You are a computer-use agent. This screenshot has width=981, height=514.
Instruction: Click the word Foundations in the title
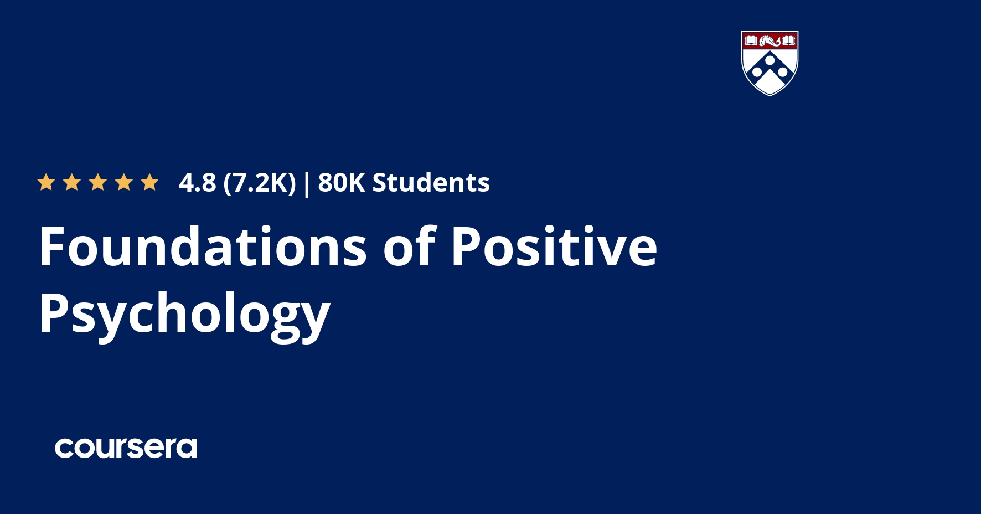(203, 246)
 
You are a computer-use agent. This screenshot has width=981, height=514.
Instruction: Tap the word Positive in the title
(554, 246)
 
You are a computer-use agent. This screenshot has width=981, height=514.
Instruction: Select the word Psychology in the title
(184, 314)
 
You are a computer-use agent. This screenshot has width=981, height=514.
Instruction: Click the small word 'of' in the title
(409, 246)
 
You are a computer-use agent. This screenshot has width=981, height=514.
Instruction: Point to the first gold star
(46, 182)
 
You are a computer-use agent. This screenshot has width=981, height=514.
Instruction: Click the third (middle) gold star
(98, 182)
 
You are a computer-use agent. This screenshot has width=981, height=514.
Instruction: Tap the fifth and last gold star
(149, 182)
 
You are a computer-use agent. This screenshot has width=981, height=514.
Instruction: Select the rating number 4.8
(197, 183)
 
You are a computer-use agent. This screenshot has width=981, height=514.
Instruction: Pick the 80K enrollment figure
(342, 183)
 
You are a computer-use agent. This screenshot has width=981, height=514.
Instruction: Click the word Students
(431, 183)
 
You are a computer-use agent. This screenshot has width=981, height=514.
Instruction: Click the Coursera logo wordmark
(126, 448)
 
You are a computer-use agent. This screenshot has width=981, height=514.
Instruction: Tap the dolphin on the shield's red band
(770, 41)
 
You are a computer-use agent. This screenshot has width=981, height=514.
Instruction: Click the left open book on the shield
(751, 40)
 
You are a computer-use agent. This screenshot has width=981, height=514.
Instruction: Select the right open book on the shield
(789, 40)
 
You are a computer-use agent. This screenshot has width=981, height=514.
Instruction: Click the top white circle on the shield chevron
(770, 60)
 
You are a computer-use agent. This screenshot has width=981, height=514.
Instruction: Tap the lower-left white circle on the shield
(757, 72)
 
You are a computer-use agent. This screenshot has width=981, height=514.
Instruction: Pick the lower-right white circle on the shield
(783, 72)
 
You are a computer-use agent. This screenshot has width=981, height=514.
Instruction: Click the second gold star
(72, 182)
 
